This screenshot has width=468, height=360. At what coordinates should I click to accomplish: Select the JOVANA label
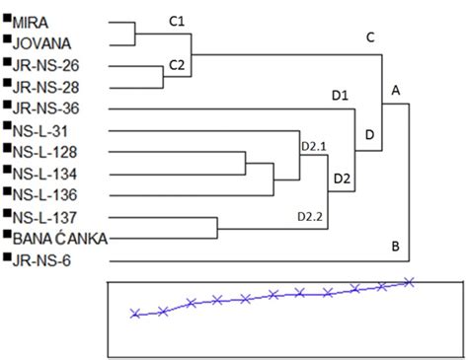point(42,42)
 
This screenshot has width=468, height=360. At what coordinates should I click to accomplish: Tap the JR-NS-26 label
point(46,65)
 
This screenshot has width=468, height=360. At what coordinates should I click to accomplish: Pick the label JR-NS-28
point(46,86)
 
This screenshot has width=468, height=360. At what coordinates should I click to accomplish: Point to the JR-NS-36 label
point(46,108)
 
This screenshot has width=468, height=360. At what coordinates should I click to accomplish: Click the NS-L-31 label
point(42,130)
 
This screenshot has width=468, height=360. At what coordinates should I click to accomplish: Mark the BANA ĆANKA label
point(59,239)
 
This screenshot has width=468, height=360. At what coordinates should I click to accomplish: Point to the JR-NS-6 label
point(42,260)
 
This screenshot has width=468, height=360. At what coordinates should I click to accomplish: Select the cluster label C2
point(177,65)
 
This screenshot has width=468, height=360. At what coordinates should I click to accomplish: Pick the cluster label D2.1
point(313,147)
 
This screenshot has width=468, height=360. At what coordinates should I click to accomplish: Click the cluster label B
point(395,246)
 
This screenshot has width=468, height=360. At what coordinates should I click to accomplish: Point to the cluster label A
point(397,90)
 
